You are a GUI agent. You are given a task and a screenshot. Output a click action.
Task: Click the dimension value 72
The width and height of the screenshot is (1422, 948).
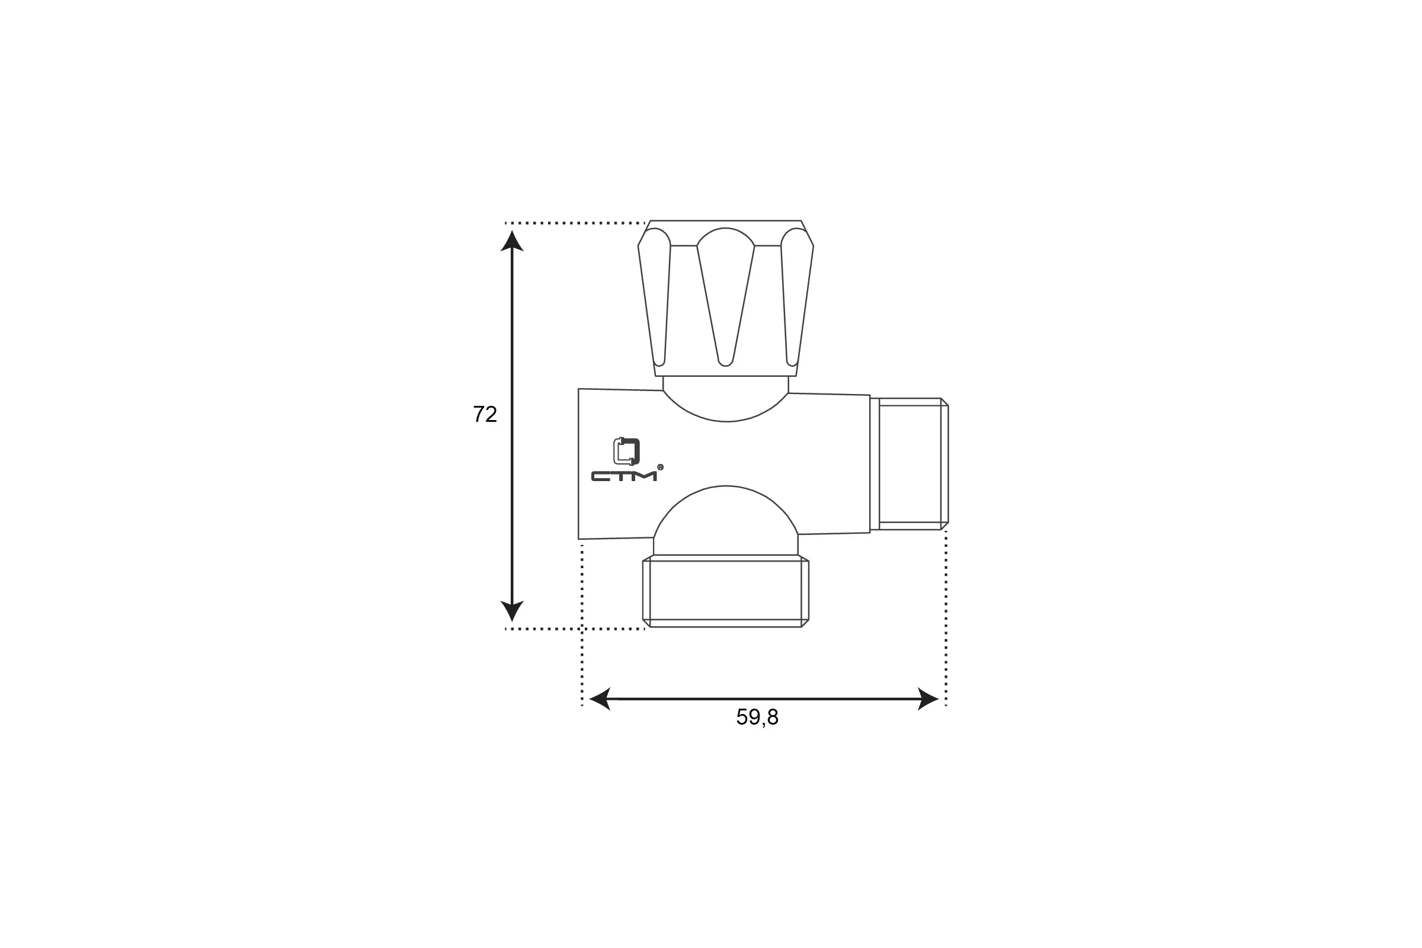(x=485, y=414)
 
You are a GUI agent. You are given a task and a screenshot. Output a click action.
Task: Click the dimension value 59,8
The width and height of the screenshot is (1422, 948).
(x=757, y=717)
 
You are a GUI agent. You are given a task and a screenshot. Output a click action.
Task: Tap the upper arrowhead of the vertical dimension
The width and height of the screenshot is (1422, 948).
(x=512, y=241)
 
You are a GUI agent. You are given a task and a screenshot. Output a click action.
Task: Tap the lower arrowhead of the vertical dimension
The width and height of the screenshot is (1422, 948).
(x=512, y=611)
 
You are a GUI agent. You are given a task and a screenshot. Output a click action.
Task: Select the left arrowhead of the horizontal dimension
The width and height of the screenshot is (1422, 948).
(x=600, y=699)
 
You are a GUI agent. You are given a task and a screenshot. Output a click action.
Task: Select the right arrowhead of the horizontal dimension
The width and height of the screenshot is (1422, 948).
(x=928, y=699)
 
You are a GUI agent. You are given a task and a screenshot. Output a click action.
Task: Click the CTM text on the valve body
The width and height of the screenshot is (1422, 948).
(x=624, y=476)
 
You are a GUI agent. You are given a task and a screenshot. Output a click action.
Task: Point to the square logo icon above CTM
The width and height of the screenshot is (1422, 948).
(x=626, y=451)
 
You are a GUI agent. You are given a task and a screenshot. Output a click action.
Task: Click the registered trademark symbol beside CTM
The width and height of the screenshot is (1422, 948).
(x=660, y=467)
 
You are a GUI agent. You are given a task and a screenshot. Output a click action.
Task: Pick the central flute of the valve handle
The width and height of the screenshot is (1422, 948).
(x=725, y=296)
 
